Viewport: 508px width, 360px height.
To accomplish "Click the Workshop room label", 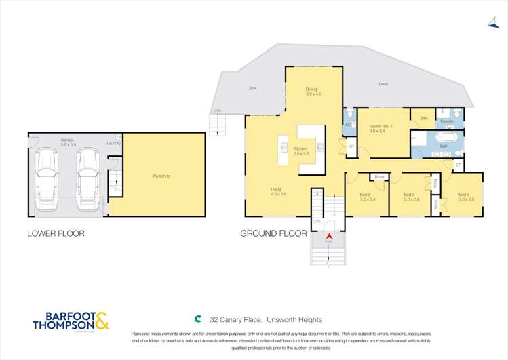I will point(161,176).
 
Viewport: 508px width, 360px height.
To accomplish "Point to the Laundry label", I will point(113,143).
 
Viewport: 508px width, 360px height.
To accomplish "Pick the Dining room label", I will point(311,91).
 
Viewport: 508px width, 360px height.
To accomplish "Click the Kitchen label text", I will point(300,151).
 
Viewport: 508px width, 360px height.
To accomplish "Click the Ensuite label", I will point(446,121).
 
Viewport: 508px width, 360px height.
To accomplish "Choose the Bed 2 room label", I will point(368,197).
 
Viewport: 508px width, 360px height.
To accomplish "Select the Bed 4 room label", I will point(465,197).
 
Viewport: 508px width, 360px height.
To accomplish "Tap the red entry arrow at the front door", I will point(328,235).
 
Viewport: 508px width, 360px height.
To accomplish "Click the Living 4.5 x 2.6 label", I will point(279,192).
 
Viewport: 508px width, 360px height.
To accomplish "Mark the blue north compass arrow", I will point(493,22).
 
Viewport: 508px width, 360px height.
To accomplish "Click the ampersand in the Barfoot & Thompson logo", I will point(100,320).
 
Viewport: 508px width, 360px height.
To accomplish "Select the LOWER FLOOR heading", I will point(56,233).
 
